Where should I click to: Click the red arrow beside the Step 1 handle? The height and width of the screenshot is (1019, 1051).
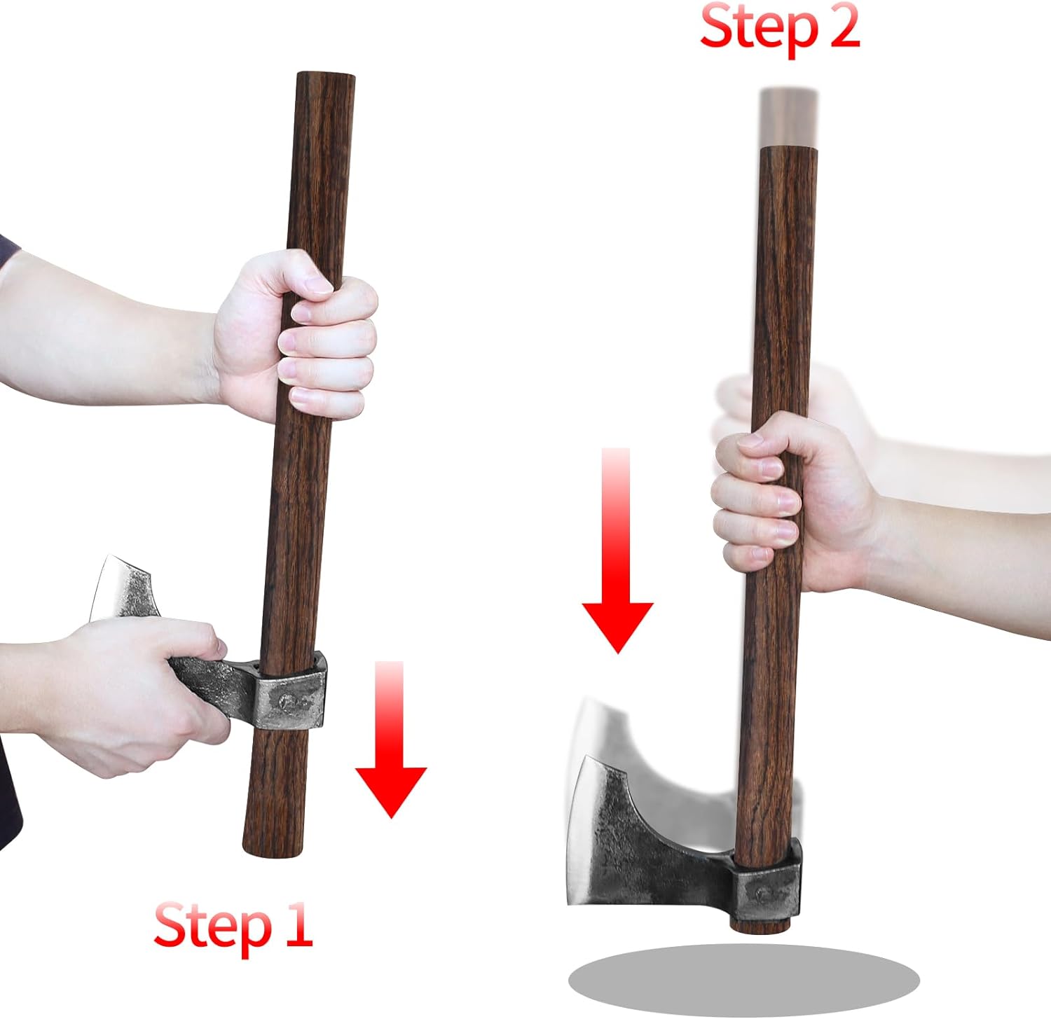[x=391, y=742]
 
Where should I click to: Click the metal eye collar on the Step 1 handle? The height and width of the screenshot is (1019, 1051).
[x=291, y=693]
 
